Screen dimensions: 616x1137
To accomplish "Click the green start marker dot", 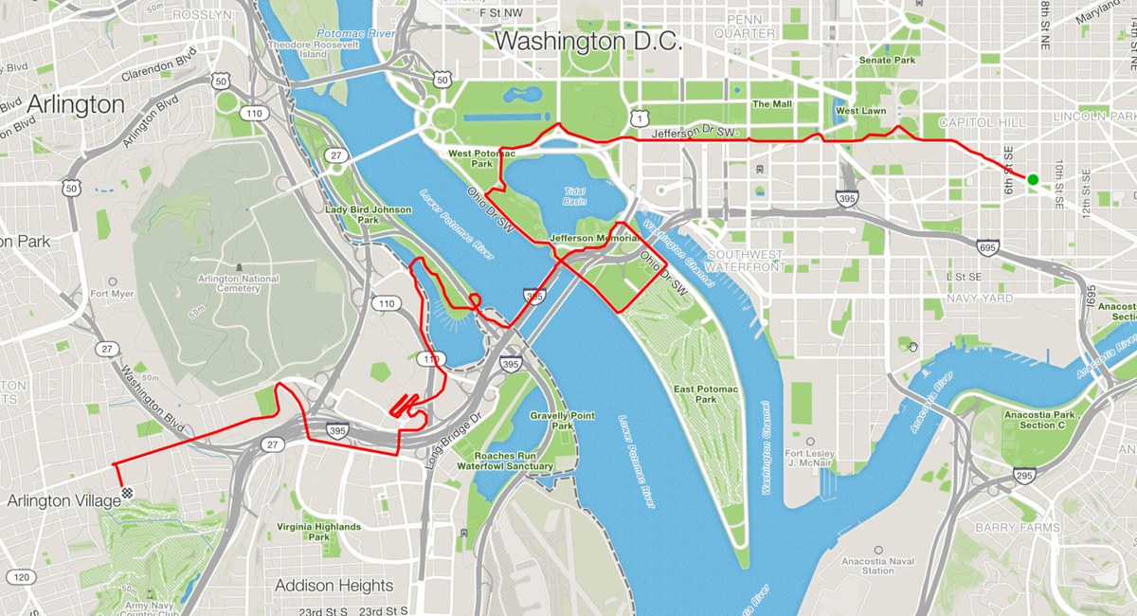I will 1033,180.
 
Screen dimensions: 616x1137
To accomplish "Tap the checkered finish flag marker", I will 127,493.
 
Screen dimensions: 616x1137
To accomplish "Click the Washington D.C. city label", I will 587,42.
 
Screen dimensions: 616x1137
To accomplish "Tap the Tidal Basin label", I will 575,194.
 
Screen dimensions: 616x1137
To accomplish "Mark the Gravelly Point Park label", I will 563,421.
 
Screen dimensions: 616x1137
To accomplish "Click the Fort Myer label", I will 113,294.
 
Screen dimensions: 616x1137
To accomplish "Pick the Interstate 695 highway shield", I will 987,247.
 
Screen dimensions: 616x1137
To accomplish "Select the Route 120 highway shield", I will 22,576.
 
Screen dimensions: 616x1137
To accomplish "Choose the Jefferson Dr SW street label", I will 694,134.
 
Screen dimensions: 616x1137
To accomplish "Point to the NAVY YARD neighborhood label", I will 979,299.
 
